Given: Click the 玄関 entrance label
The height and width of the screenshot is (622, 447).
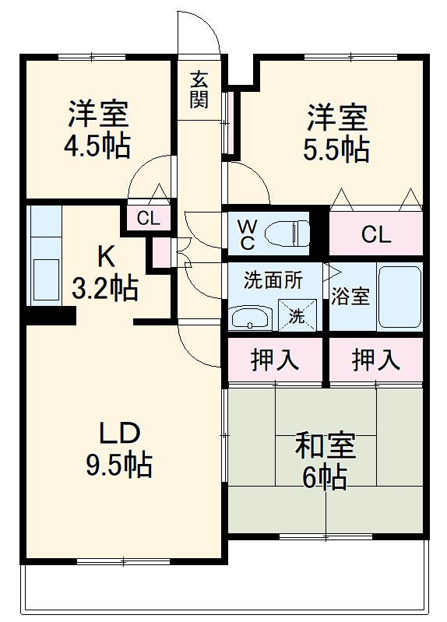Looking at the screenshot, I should [x=199, y=89].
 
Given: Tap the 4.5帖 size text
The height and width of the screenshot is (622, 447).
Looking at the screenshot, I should [x=97, y=146].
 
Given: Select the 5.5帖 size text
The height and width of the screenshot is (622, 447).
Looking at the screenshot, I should [x=336, y=149].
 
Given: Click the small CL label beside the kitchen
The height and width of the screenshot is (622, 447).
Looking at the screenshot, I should [x=148, y=219].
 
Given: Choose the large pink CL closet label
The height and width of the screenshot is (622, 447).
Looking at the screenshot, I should [x=376, y=234].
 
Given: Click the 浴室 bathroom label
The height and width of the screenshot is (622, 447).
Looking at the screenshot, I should [x=350, y=297].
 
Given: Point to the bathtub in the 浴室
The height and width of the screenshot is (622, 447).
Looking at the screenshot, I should [x=399, y=298].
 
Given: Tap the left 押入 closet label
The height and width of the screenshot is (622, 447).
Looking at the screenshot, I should [x=275, y=360].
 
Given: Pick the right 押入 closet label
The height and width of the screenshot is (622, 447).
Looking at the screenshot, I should [x=375, y=360].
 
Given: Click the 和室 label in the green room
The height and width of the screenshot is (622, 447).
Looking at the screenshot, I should [x=325, y=446].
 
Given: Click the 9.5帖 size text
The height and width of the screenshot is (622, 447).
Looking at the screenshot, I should [x=118, y=465].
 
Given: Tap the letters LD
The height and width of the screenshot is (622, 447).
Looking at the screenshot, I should [x=118, y=433].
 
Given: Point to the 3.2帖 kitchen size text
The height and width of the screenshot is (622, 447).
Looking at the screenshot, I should [x=105, y=288].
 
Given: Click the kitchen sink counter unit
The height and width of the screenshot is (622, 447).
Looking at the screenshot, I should [x=45, y=256].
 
